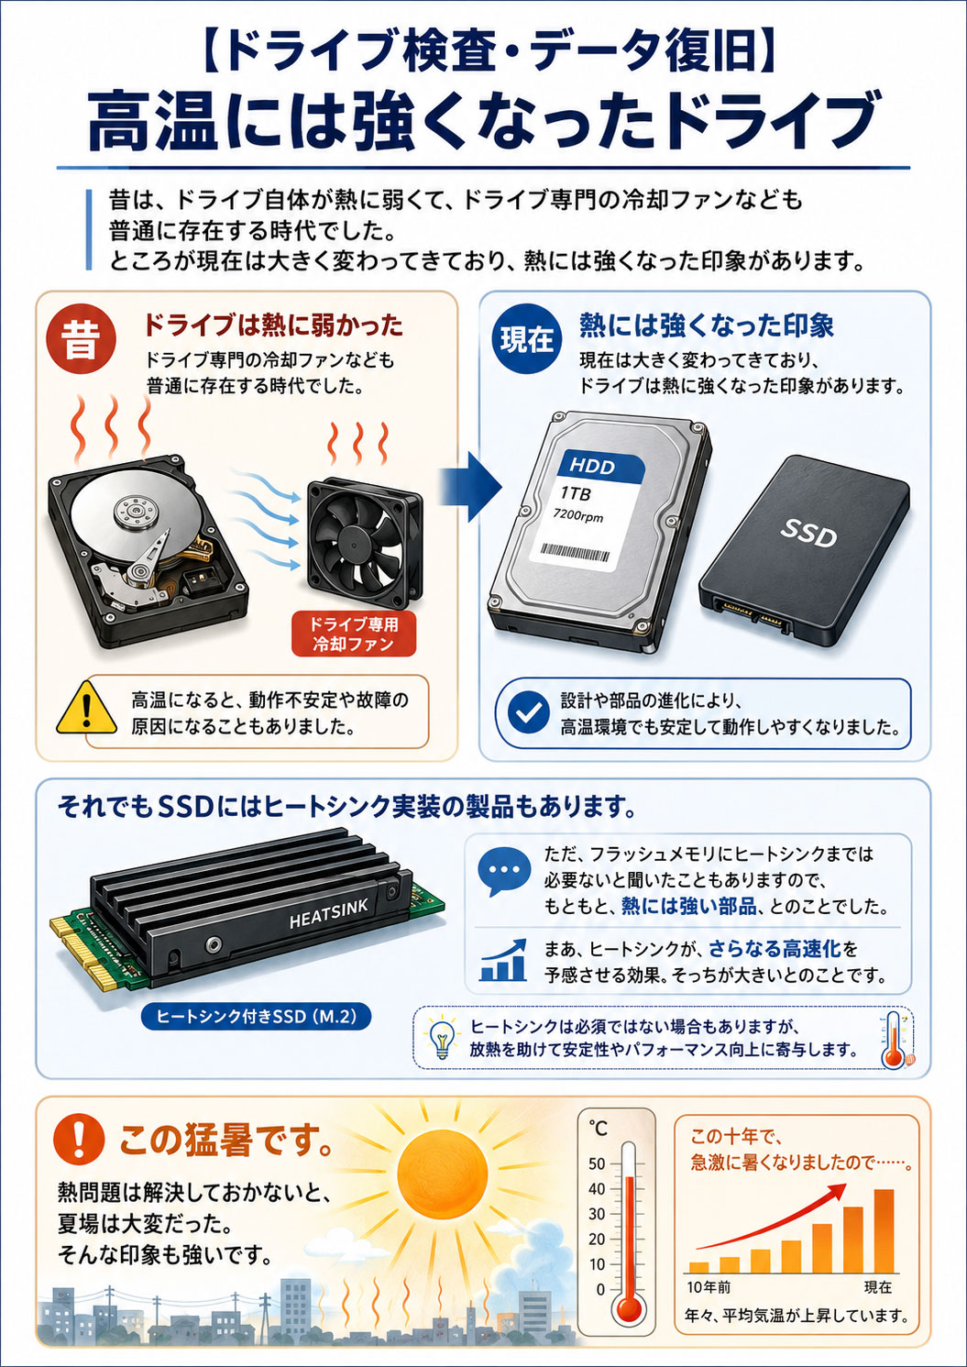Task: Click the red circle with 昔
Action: click(x=82, y=340)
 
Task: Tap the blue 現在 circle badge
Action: click(x=526, y=338)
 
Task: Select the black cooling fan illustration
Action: click(x=364, y=537)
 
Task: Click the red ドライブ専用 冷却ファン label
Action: click(x=353, y=634)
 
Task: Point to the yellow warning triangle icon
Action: click(x=87, y=708)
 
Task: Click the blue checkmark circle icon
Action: click(x=528, y=711)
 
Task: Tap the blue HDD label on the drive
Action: click(x=601, y=466)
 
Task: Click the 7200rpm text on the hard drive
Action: click(x=577, y=515)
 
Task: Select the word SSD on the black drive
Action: click(x=809, y=534)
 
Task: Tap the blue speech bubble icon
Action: click(x=504, y=873)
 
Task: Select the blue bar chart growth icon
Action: click(x=503, y=960)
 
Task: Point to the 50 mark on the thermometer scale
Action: click(x=597, y=1163)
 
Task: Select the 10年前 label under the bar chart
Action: click(x=709, y=1287)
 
